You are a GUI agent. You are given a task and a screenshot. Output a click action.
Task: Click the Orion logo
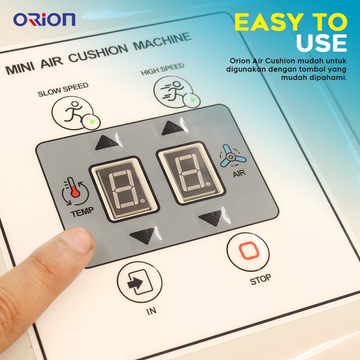pos(44,20)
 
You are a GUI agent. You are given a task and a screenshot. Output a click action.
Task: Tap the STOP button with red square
pos(248,252)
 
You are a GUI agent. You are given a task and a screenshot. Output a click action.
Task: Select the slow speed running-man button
pos(75,112)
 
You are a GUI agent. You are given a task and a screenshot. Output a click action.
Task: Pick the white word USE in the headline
pos(321,43)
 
